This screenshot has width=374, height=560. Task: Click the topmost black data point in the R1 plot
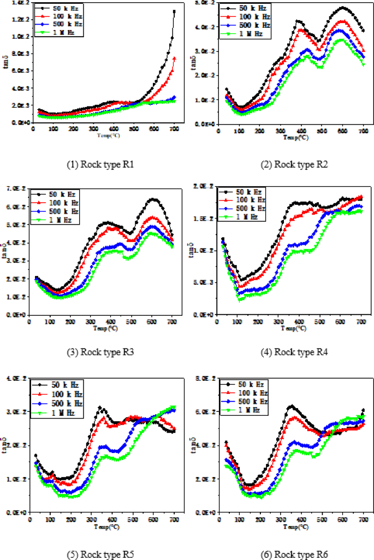point(174,11)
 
